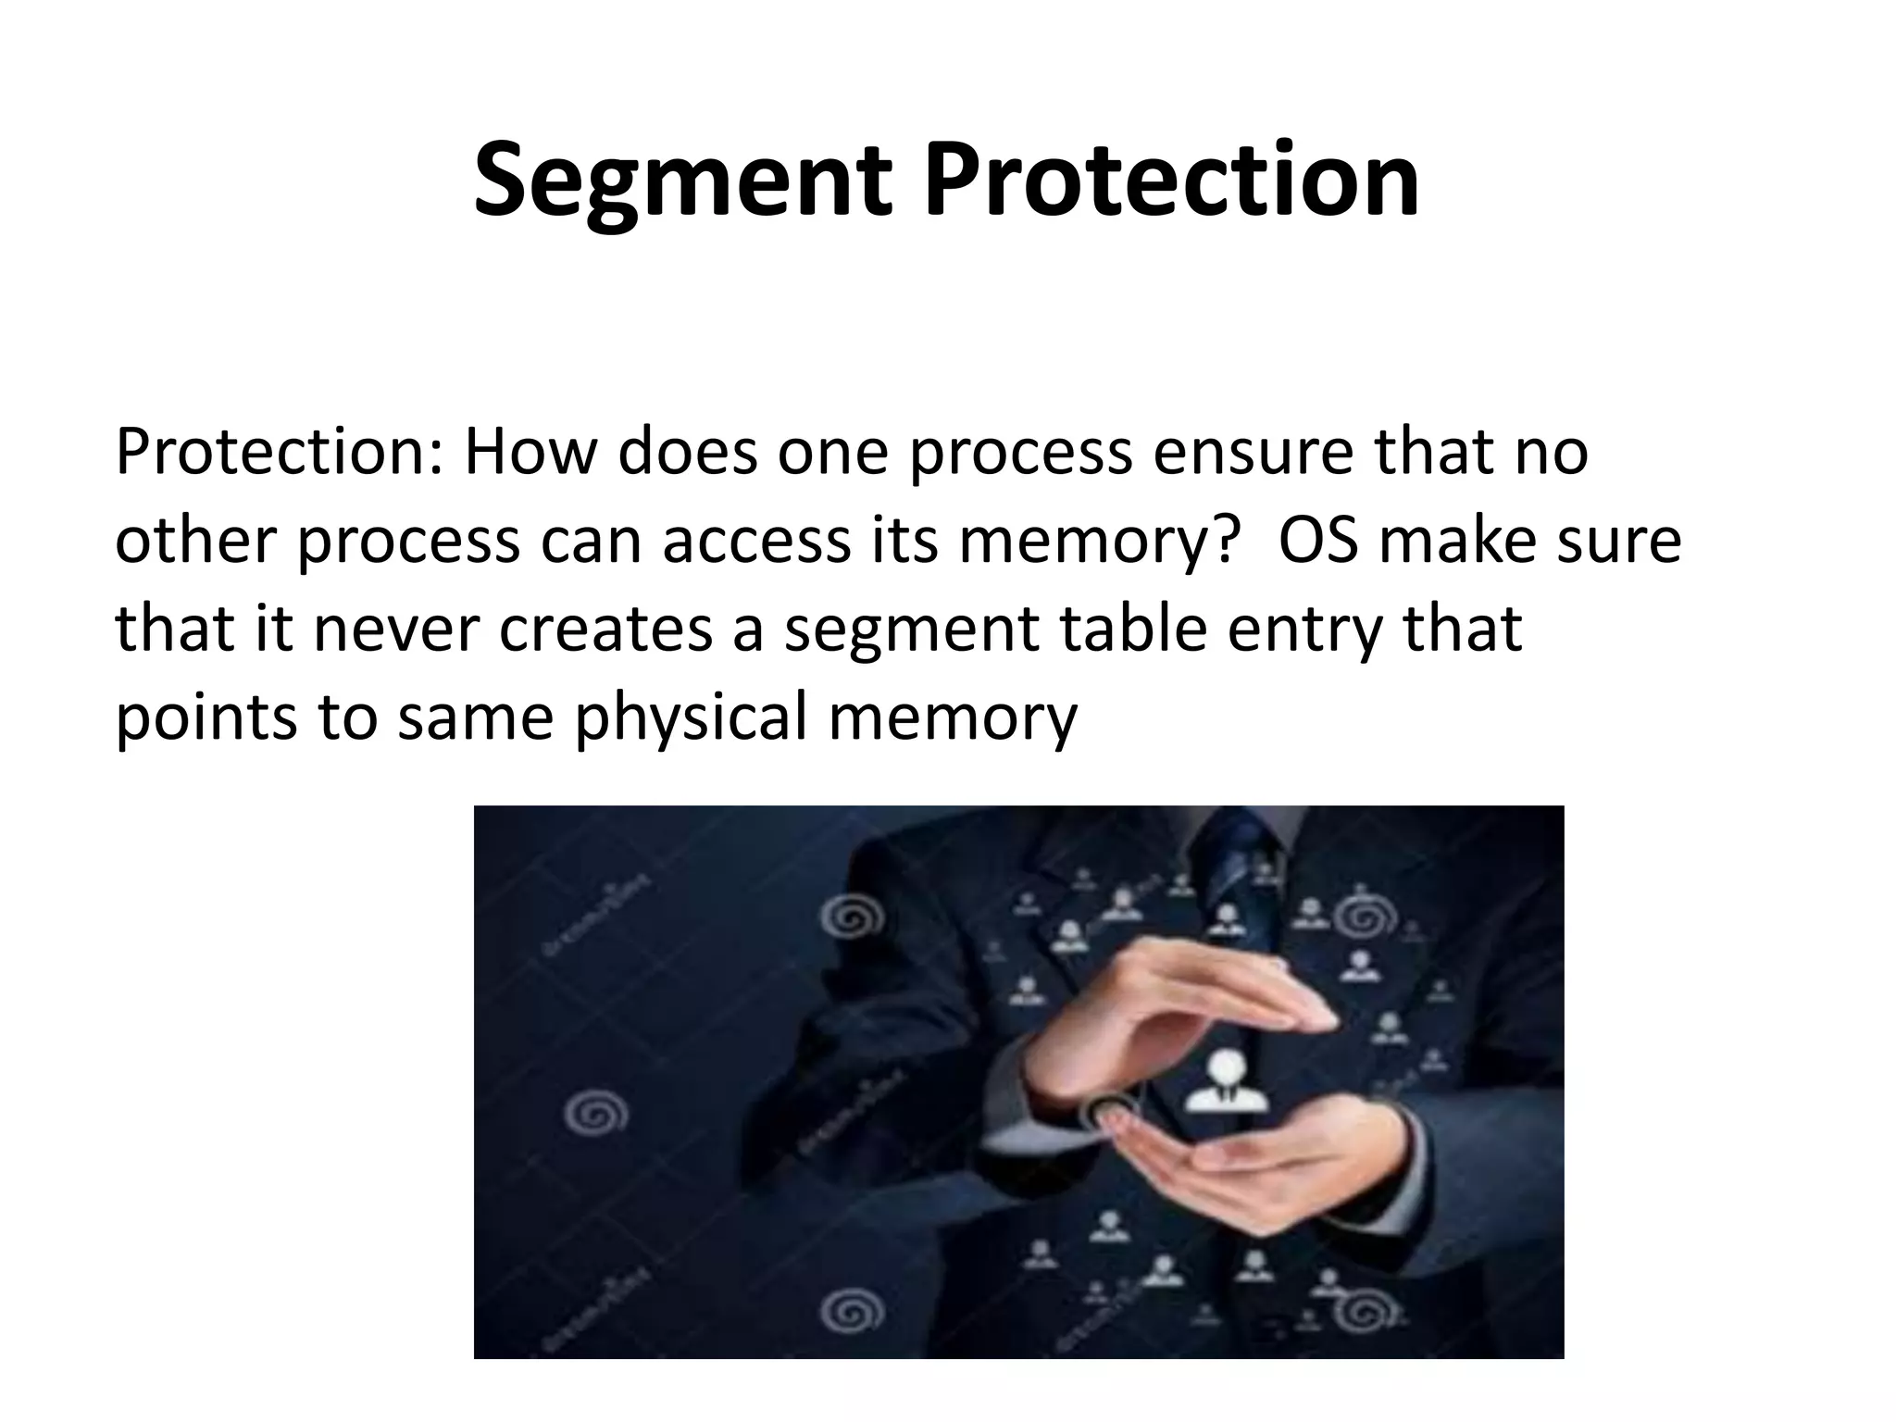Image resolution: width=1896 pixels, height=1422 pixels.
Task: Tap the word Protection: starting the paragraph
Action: tap(277, 453)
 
